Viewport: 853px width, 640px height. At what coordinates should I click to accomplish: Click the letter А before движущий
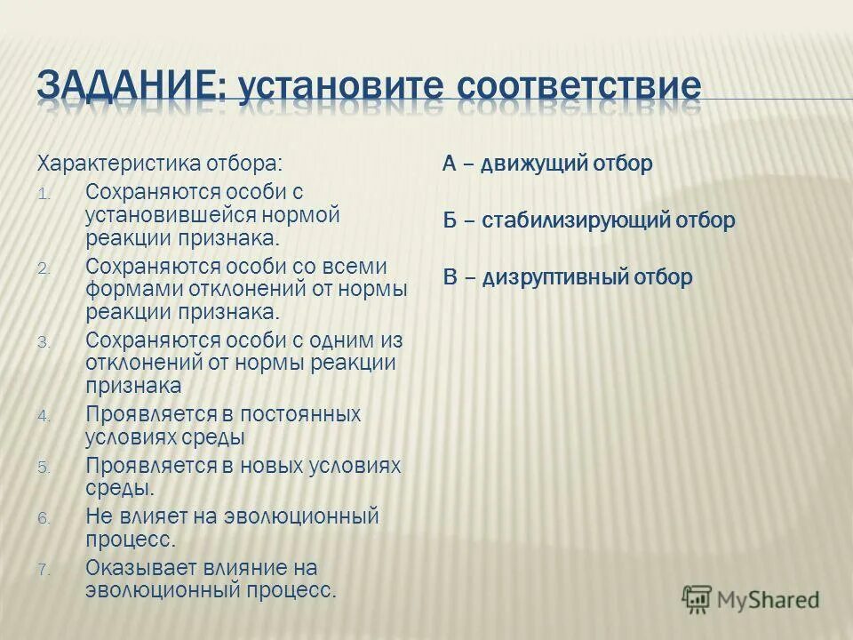pos(450,164)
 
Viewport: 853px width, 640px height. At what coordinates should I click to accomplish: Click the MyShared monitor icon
pos(697,600)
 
